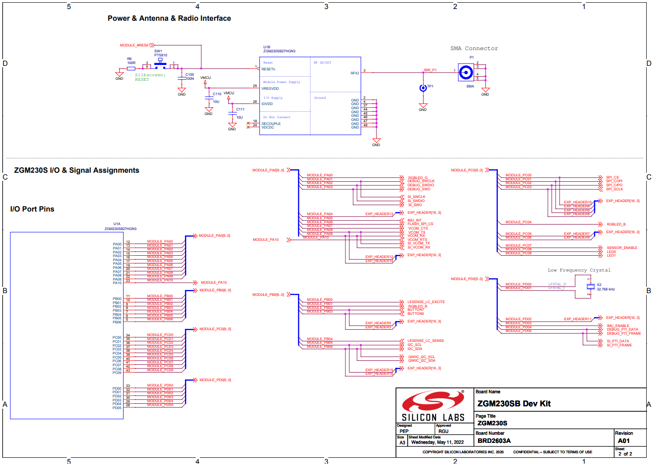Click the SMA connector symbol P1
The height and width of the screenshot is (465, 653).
coord(465,72)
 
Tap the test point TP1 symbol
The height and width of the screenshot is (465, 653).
coord(423,88)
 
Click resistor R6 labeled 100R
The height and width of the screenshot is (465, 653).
coord(131,69)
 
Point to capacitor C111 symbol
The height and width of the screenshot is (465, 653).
coord(232,113)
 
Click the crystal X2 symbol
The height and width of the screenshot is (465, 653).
coord(590,287)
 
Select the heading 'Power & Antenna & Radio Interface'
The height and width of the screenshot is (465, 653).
coord(169,18)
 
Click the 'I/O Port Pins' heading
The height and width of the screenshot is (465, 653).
coord(32,209)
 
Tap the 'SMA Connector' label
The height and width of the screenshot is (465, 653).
coord(474,49)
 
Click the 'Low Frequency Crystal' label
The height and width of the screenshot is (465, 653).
coord(579,270)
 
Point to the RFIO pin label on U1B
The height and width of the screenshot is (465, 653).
coord(354,73)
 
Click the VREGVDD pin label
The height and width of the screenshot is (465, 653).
coord(270,88)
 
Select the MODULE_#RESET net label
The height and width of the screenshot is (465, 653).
coord(135,45)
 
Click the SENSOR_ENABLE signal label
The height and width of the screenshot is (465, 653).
coord(622,248)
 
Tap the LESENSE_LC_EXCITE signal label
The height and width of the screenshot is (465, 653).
coord(426,302)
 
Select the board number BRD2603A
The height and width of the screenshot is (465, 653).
coord(494,441)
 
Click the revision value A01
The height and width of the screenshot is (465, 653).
coord(624,441)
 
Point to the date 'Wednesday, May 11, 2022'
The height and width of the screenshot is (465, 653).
coord(437,442)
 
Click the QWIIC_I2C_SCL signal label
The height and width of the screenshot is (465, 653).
coord(422,357)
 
